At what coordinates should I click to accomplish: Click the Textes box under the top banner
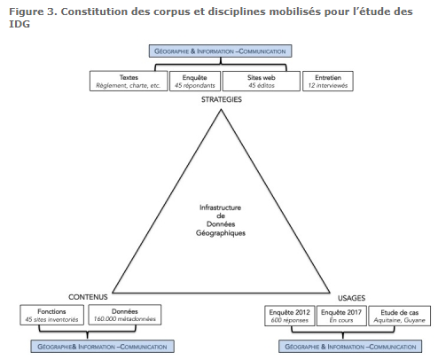[x=129, y=81]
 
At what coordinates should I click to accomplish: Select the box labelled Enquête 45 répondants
[x=195, y=81]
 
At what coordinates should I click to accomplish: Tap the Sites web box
[x=262, y=81]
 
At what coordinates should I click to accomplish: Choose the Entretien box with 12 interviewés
[x=328, y=81]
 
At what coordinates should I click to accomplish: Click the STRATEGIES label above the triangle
[x=222, y=99]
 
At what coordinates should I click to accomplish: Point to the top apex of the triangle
[x=221, y=110]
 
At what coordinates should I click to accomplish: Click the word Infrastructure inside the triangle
[x=220, y=207]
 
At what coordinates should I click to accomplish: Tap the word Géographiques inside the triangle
[x=221, y=233]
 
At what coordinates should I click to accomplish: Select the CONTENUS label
[x=88, y=297]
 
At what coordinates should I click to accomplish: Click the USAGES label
[x=351, y=298]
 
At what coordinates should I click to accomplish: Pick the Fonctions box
[x=51, y=315]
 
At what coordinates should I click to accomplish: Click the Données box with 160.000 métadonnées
[x=125, y=315]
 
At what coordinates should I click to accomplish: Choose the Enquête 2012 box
[x=290, y=316]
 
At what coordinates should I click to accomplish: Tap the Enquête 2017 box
[x=341, y=316]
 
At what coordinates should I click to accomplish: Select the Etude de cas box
[x=400, y=316]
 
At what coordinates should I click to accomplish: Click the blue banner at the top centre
[x=220, y=51]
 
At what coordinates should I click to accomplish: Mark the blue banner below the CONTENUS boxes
[x=102, y=347]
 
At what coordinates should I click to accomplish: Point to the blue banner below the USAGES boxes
[x=350, y=347]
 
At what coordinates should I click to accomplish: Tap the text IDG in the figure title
[x=20, y=24]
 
